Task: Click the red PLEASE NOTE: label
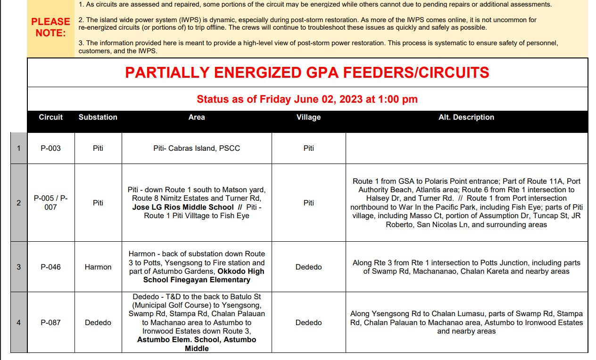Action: tap(50, 27)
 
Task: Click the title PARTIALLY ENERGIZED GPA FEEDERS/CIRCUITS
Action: tap(307, 73)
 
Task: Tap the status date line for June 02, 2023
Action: tap(307, 99)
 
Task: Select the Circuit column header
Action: tap(51, 117)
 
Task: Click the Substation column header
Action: tap(98, 117)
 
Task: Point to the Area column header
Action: tap(197, 117)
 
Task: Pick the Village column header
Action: tap(309, 117)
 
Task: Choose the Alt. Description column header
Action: tap(466, 117)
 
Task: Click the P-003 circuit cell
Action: tap(51, 148)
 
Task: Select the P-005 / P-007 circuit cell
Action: tap(51, 203)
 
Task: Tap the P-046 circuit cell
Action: tap(51, 267)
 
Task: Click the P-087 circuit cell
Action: tap(51, 323)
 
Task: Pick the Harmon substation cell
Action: tap(98, 267)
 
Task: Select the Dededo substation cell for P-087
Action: tap(98, 323)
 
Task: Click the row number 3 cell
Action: tap(19, 267)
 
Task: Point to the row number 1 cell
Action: tap(19, 148)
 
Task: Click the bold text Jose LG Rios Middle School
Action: tap(183, 207)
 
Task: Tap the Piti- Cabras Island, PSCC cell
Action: tap(197, 148)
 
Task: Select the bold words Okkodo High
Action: tap(241, 271)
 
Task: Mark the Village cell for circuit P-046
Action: tap(309, 267)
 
